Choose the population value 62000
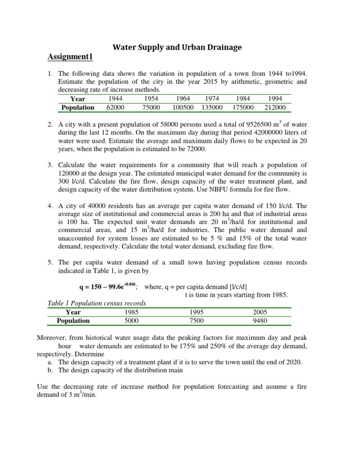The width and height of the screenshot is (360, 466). pyautogui.click(x=115, y=108)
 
